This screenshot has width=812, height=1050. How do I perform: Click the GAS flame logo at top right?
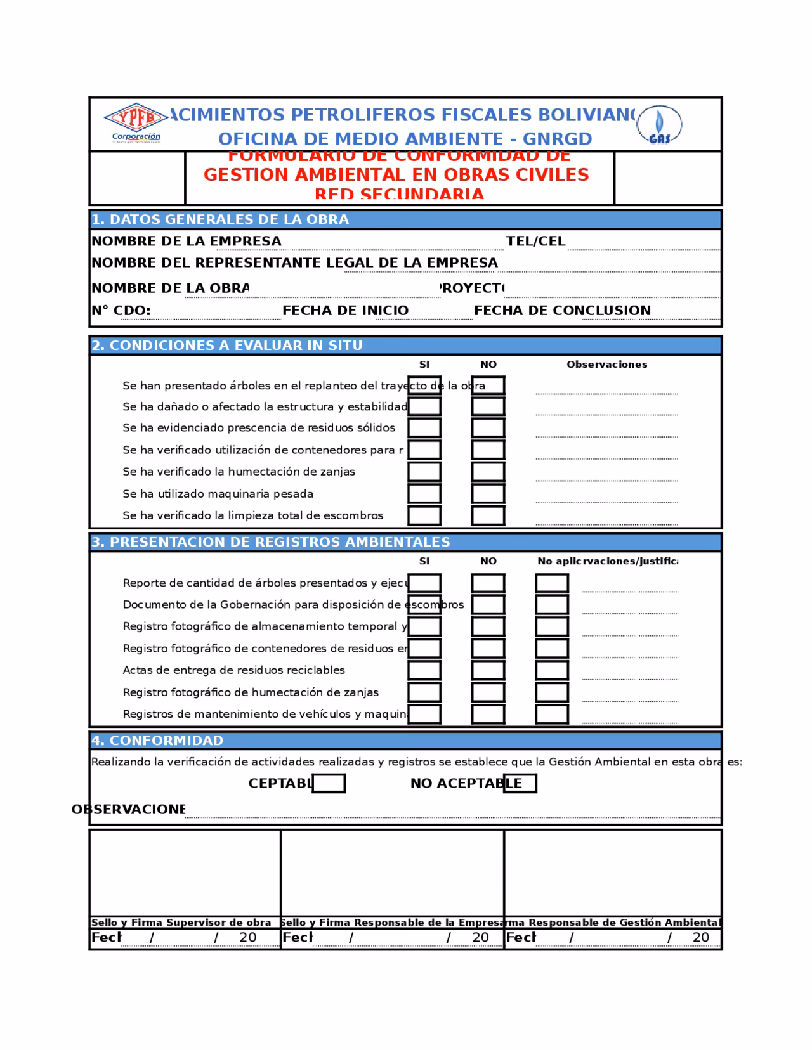[660, 125]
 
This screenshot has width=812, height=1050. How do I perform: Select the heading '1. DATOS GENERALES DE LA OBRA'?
[220, 219]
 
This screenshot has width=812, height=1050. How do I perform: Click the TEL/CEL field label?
[535, 241]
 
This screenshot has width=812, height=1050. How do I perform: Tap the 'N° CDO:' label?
[121, 310]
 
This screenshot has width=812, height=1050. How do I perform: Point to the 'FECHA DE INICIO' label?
[345, 310]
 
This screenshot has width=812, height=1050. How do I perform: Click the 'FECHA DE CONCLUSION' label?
[562, 310]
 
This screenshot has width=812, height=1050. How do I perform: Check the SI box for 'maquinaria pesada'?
[424, 493]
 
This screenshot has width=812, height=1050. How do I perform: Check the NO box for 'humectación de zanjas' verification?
[488, 472]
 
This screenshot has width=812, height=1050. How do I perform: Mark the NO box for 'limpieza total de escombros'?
[488, 515]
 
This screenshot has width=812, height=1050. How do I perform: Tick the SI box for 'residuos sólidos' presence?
[424, 428]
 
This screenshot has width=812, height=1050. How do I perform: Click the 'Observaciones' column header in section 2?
[606, 365]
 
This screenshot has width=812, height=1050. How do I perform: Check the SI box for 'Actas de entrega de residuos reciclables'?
[424, 670]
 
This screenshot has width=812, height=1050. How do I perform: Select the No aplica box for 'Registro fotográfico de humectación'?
[551, 692]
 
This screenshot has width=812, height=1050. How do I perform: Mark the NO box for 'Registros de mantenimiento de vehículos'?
[488, 714]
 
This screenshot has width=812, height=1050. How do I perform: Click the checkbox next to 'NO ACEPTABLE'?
[520, 784]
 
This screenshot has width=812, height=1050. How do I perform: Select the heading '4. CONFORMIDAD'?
[157, 741]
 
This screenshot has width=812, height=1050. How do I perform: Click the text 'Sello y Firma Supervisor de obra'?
[181, 923]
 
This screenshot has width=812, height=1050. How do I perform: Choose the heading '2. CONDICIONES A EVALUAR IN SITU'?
[227, 346]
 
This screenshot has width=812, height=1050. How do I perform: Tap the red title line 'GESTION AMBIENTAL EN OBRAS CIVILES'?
[396, 174]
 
